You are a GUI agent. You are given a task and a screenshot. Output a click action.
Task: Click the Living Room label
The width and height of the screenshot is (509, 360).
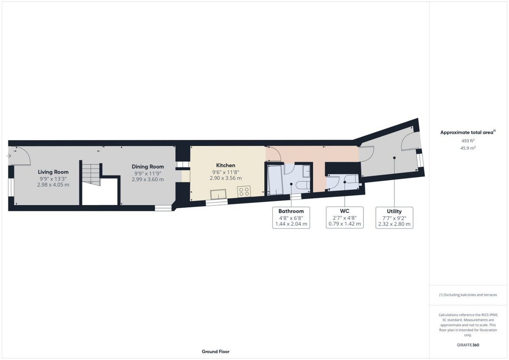pos(53,172)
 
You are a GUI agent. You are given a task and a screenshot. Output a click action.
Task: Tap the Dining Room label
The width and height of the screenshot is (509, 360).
pos(148,166)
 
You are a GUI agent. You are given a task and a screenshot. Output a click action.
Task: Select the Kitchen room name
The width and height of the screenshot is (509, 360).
pos(225,165)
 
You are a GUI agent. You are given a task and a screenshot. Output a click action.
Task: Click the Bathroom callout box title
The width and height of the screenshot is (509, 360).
pos(291,211)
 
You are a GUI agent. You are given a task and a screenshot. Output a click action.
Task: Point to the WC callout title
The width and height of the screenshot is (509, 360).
pos(345,211)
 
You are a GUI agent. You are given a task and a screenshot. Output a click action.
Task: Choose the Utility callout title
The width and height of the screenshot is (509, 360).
pos(394,211)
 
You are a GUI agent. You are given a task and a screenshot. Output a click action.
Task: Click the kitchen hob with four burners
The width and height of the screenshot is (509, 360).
pos(244,192)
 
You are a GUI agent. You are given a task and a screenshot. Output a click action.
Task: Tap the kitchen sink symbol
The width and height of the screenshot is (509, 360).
pos(218,195)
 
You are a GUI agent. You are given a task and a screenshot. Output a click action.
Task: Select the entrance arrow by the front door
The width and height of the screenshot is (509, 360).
pos(9,156)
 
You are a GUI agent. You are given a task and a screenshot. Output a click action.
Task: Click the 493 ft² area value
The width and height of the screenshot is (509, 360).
pos(468,141)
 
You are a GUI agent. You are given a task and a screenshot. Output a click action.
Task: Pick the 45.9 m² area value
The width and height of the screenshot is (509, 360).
pos(468,148)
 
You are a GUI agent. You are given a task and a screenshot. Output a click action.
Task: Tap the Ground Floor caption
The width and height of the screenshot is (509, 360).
pos(216,352)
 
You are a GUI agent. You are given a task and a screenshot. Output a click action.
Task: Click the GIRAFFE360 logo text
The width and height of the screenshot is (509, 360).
pos(468,345)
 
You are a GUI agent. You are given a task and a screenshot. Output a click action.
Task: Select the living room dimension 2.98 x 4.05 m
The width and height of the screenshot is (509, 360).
pos(53,185)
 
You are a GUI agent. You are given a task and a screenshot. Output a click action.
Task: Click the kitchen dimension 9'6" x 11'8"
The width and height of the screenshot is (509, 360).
pos(225,172)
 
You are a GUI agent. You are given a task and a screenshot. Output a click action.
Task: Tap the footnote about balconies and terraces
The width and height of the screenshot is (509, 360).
pos(468,295)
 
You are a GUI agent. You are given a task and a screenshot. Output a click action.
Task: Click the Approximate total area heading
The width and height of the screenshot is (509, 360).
pos(468,132)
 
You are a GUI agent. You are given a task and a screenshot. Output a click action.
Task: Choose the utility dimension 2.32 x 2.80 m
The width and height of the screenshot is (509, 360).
pos(394,224)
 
